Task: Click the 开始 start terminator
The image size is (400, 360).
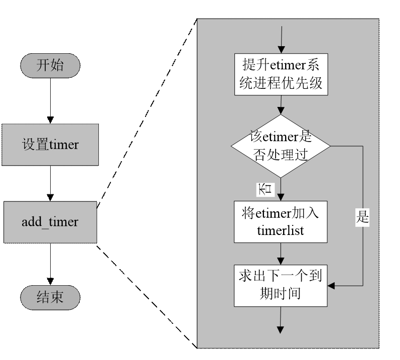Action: [x=50, y=65]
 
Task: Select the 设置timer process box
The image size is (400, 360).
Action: [x=50, y=145]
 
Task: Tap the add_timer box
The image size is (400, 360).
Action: [x=50, y=222]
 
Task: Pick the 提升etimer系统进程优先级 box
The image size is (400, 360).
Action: [x=282, y=74]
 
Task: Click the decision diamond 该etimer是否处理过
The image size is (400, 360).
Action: [x=281, y=146]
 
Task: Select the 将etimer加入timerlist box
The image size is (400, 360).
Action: [x=281, y=222]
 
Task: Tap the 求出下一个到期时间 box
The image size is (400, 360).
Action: [x=281, y=285]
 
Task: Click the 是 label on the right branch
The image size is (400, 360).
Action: [x=362, y=217]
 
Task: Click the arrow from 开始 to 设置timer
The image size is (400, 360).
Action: [x=50, y=101]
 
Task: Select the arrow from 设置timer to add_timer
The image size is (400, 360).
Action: [x=50, y=183]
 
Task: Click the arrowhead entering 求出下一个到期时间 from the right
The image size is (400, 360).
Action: [x=332, y=286]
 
